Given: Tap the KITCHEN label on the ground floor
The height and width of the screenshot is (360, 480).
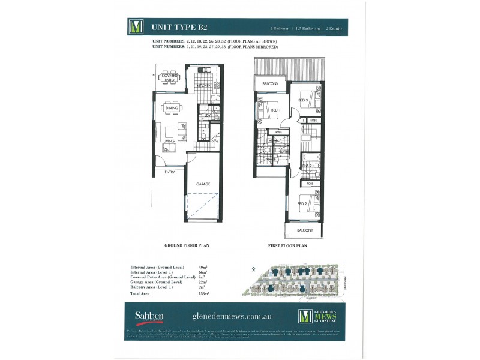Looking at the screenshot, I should (x=203, y=86).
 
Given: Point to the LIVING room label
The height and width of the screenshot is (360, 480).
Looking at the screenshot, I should (x=169, y=141).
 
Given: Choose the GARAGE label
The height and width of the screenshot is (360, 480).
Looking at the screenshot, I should (x=203, y=184).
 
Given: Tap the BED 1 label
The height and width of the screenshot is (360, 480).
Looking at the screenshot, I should (x=274, y=110).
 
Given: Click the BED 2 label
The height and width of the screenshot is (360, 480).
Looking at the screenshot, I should (x=302, y=204).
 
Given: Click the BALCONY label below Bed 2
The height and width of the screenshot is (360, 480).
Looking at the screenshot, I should (x=305, y=230).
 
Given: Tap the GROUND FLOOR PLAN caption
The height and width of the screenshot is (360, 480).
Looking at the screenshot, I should (x=186, y=246).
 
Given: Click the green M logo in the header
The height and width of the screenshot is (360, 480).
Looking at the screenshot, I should (x=136, y=27).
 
